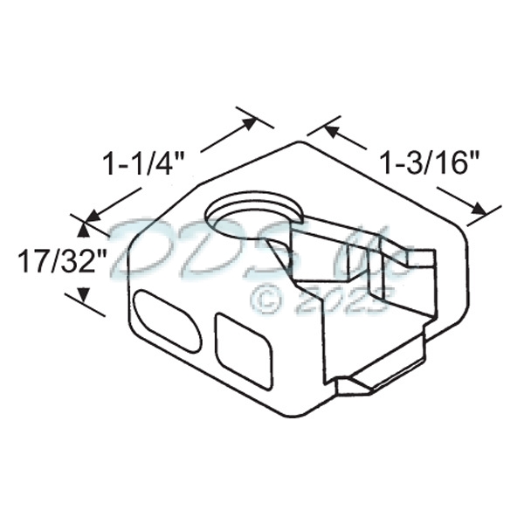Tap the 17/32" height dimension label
pyautogui.click(x=55, y=259)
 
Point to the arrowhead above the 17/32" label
pyautogui.click(x=83, y=229)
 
